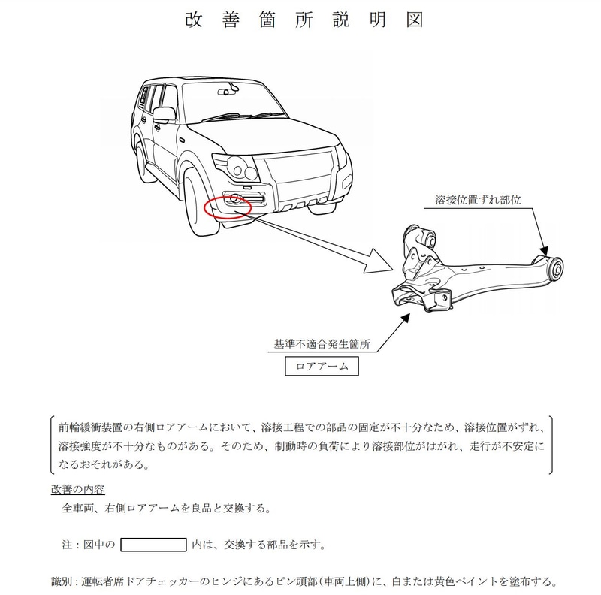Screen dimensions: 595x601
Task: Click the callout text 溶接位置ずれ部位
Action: tap(478, 201)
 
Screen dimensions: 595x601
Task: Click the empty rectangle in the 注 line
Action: tap(153, 544)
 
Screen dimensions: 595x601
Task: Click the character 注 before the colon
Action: tap(67, 544)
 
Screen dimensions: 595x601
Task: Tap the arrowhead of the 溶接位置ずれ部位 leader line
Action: tap(545, 252)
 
